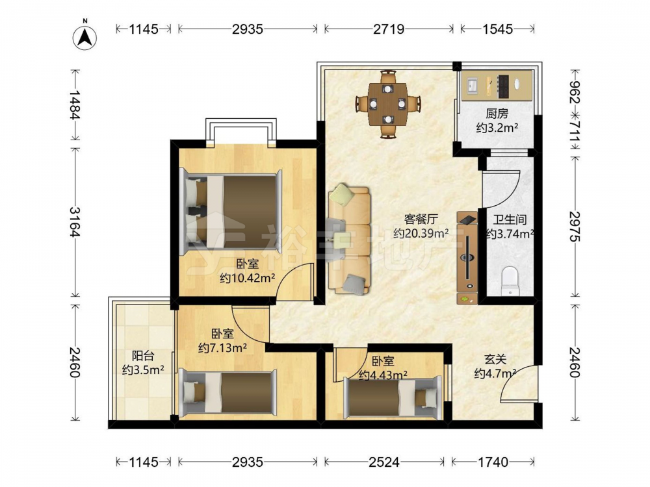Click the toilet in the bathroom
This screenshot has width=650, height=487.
click(x=510, y=281)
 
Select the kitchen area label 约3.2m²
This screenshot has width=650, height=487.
click(x=497, y=127)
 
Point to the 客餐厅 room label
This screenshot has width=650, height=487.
click(x=421, y=219)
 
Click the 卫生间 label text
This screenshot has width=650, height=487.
click(x=510, y=219)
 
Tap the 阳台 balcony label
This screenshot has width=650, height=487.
click(x=143, y=355)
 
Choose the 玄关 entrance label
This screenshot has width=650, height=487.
click(x=495, y=359)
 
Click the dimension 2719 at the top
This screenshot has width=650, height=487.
click(x=389, y=29)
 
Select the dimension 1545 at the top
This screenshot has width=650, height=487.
click(x=497, y=29)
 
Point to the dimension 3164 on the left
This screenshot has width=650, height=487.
click(x=75, y=222)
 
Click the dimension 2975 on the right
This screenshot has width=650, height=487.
click(x=575, y=227)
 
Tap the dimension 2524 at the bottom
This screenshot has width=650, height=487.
click(x=384, y=462)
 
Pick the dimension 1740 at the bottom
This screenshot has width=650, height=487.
click(x=493, y=462)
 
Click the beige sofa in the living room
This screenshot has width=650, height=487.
click(x=349, y=240)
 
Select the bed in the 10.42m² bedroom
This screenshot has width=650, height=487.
click(x=231, y=212)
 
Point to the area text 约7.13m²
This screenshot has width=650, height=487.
click(x=222, y=348)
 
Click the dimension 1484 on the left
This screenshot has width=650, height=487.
click(x=75, y=105)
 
